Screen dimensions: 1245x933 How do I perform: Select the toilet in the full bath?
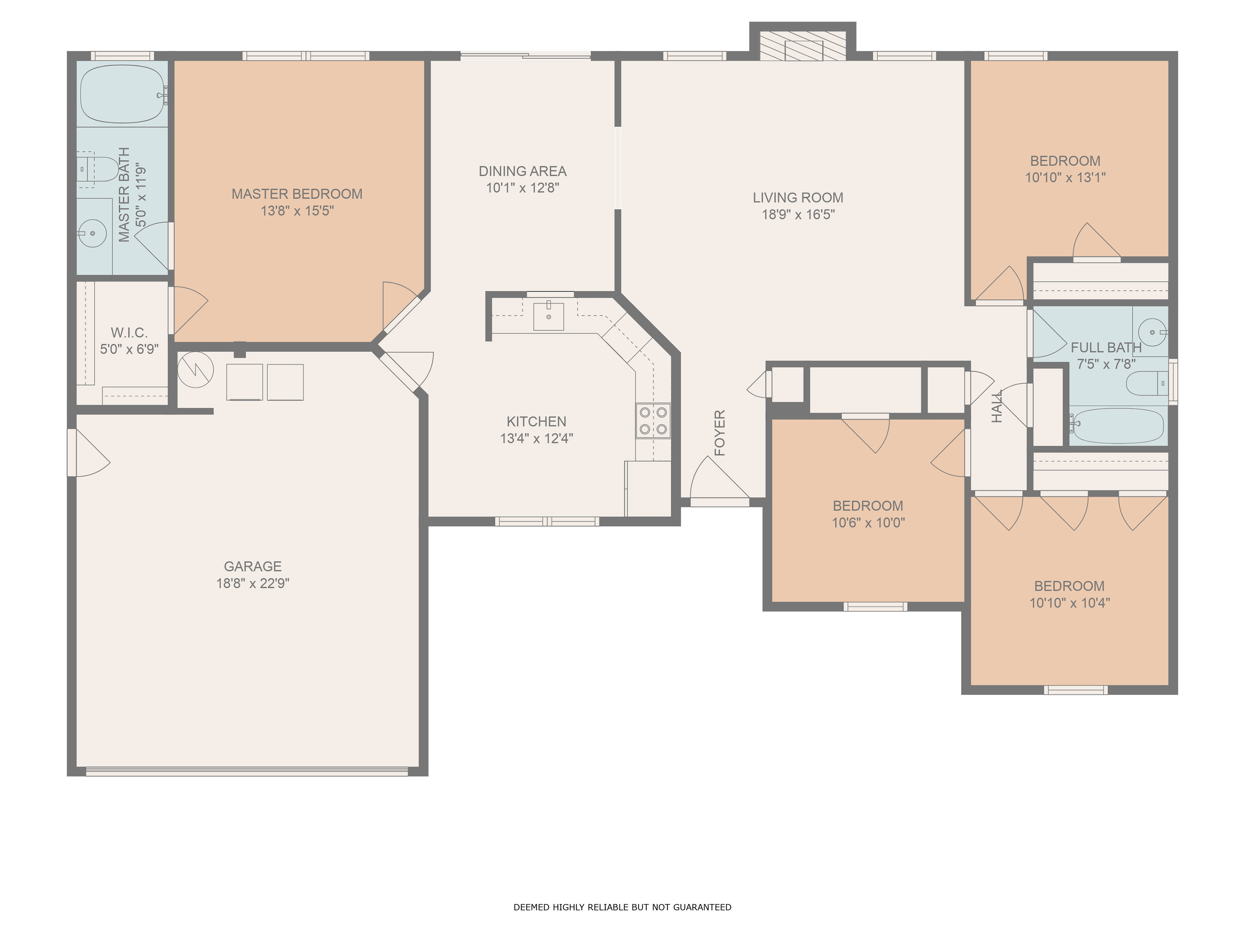point(1148,384)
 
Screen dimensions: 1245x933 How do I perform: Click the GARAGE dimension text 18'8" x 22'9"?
point(253,583)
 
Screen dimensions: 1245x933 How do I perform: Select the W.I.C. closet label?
point(129,332)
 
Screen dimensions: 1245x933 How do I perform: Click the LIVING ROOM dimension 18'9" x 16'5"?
point(798,214)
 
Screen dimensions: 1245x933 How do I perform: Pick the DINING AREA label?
point(522,171)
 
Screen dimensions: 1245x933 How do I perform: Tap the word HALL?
point(997,406)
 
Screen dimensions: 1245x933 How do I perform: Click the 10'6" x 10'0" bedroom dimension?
point(869,523)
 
